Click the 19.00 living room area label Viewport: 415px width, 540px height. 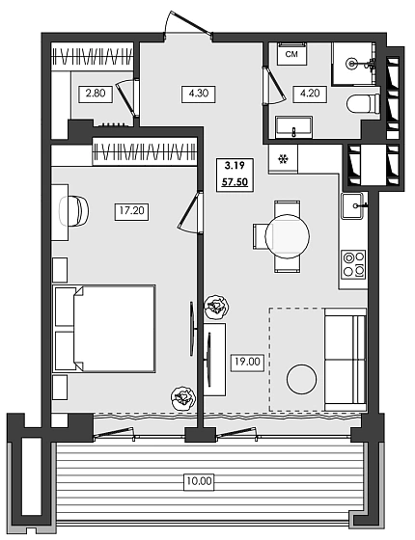[245, 363]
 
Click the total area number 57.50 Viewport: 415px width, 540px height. [234, 180]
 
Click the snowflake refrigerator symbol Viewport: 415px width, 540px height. [283, 159]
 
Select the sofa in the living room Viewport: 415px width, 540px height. [345, 360]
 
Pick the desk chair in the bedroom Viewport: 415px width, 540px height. [74, 209]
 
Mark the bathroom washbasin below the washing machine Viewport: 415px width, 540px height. [292, 126]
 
